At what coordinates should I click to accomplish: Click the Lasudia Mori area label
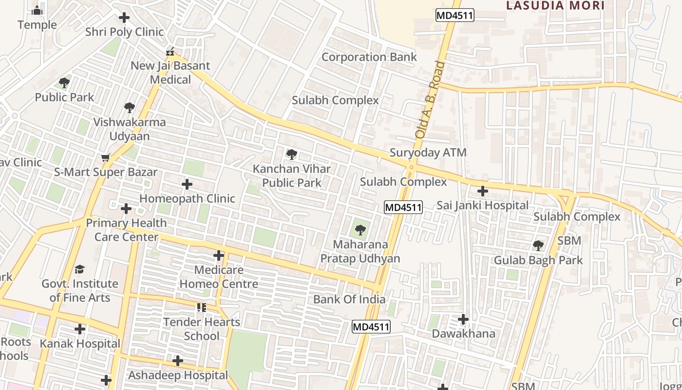[x=555, y=6]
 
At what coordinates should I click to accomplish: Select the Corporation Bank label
[x=369, y=57]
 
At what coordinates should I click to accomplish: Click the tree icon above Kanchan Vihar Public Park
[x=291, y=155]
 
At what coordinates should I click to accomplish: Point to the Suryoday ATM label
[x=428, y=153]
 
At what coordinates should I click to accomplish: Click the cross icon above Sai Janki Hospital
[x=483, y=191]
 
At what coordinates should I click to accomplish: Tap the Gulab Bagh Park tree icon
[x=538, y=246]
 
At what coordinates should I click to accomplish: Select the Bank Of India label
[x=349, y=299]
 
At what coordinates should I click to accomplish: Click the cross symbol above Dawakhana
[x=463, y=320]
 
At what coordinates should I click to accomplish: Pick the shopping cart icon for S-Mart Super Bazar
[x=105, y=158]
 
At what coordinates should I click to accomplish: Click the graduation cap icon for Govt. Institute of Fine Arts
[x=79, y=269]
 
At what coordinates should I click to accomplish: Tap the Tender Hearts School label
[x=202, y=329]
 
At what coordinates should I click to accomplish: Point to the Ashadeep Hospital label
[x=178, y=375]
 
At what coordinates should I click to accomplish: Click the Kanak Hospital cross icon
[x=80, y=330]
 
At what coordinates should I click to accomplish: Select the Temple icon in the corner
[x=37, y=10]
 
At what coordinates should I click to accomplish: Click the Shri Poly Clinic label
[x=124, y=32]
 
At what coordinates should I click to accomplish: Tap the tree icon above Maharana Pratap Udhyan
[x=360, y=230]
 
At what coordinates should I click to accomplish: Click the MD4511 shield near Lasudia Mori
[x=455, y=15]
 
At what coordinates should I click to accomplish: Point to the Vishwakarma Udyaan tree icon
[x=129, y=108]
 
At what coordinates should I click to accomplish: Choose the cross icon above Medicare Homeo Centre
[x=219, y=255]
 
